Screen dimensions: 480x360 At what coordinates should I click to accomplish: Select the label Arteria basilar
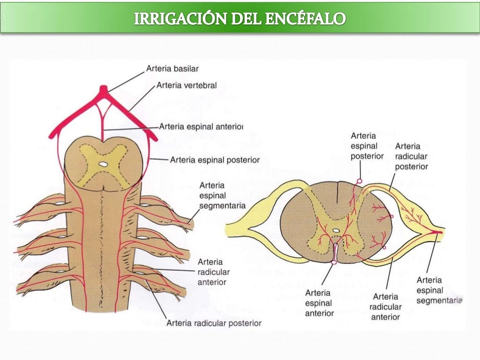pos(172,68)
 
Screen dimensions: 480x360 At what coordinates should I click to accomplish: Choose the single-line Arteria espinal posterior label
pos(214,159)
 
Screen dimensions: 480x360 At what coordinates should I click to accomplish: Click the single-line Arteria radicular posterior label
pos(214,323)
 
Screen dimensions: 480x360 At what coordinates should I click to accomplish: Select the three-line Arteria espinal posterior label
pos(367,146)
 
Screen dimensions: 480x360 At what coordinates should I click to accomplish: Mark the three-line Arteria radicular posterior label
pos(411,156)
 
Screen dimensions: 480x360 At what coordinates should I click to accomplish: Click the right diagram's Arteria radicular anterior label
pos(385,307)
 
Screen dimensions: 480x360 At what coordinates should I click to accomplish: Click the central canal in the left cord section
pos(104,164)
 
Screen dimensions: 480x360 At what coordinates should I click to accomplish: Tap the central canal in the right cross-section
pos(336,231)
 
